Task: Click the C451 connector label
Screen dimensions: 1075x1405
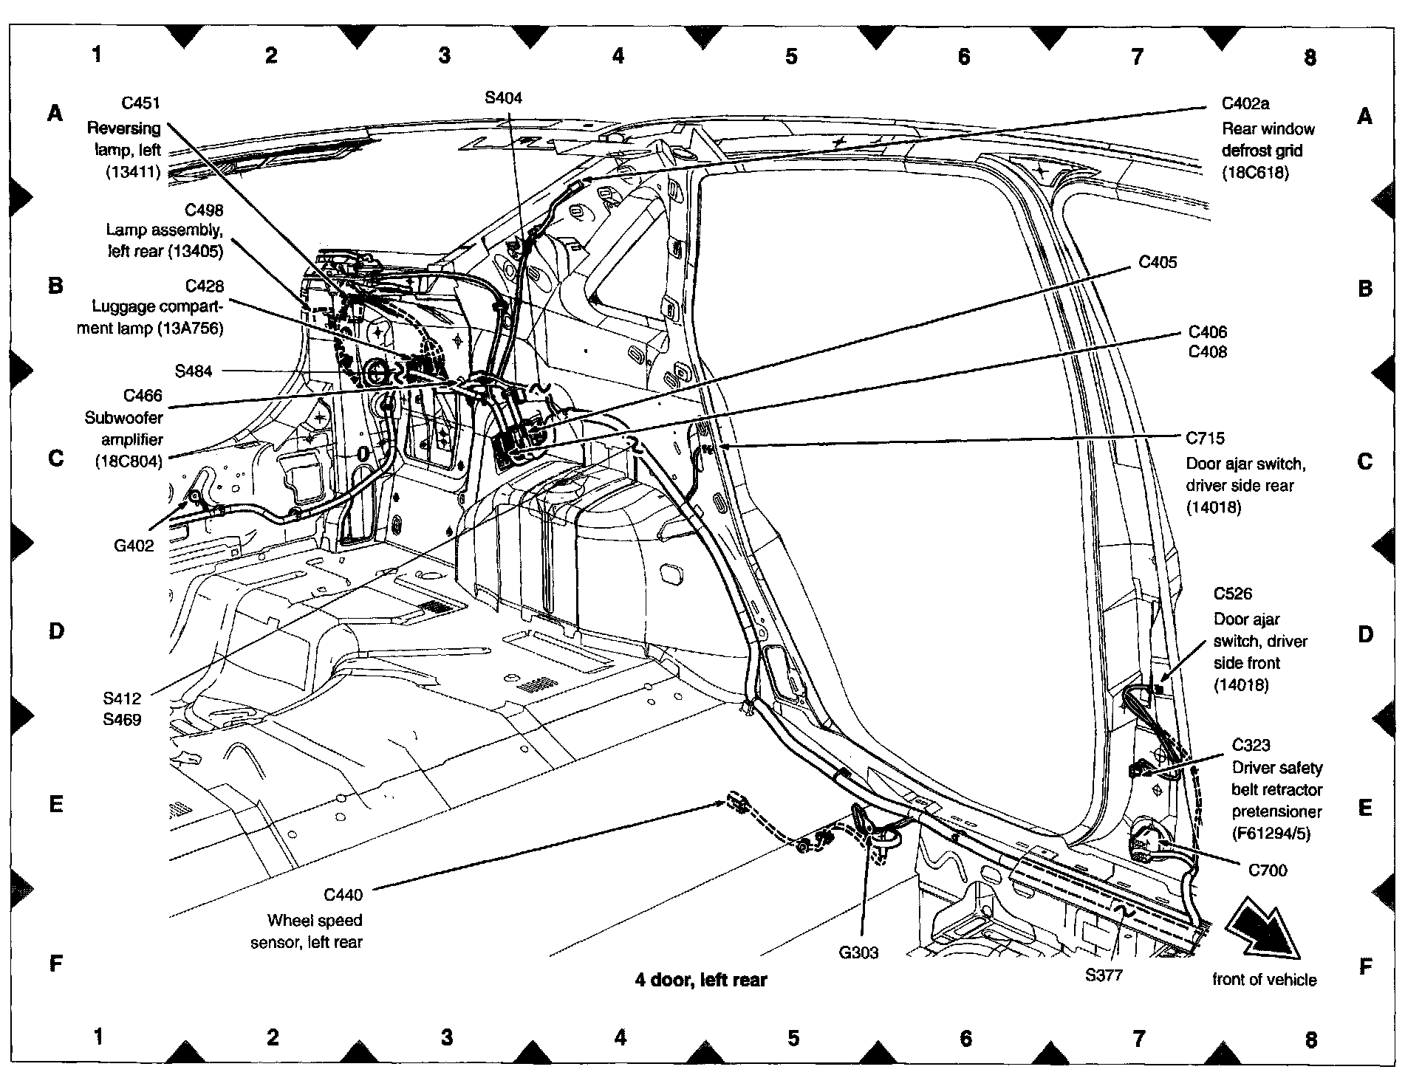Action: click(141, 103)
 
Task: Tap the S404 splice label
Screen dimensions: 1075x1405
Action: click(503, 97)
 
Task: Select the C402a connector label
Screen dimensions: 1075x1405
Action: click(1245, 103)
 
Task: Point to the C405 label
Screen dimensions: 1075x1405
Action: click(1158, 262)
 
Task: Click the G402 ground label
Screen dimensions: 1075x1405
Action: click(134, 546)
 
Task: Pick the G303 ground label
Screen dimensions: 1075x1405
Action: click(858, 952)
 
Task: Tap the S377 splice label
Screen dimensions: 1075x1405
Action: click(1104, 975)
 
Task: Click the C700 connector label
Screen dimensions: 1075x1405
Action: click(1268, 870)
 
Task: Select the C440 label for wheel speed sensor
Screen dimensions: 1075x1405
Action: click(343, 895)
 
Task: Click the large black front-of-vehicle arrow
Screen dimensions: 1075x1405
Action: click(1263, 929)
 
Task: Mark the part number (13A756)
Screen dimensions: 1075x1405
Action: click(190, 329)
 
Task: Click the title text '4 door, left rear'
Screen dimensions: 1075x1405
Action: click(701, 980)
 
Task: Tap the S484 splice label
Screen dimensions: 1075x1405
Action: click(194, 371)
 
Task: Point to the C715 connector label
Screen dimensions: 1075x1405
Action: click(1205, 439)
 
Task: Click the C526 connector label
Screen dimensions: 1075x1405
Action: click(1233, 594)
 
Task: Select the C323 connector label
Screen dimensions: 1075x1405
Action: click(1251, 745)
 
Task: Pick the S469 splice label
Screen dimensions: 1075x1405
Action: click(123, 719)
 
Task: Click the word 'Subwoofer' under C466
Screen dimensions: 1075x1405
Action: click(123, 417)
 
